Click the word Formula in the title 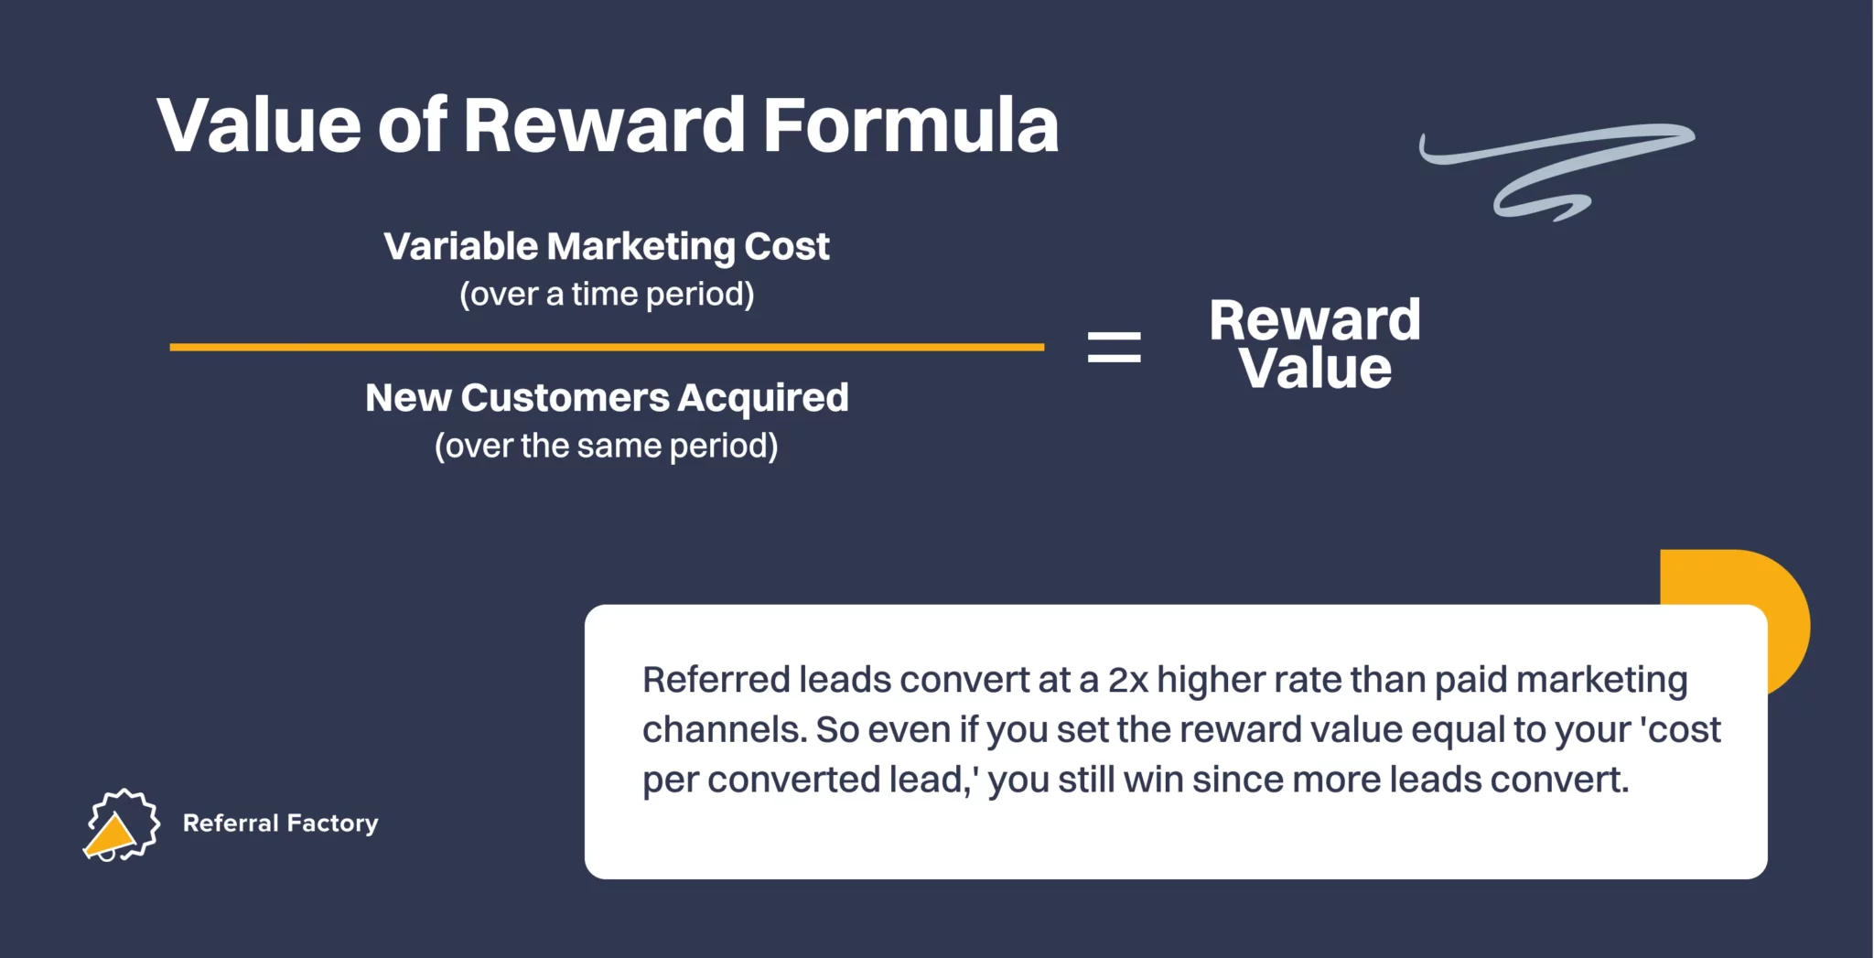(x=910, y=124)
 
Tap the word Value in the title (x=259, y=124)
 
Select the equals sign (x=1114, y=347)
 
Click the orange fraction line (x=607, y=347)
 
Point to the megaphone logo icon (x=121, y=825)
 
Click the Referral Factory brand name (x=280, y=823)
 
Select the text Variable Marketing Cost (x=607, y=247)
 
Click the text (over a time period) (x=607, y=295)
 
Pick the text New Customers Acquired (x=607, y=399)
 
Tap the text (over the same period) (x=607, y=447)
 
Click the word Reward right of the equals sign (x=1315, y=320)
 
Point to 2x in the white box (x=1127, y=681)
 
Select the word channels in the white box (x=725, y=730)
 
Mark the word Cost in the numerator (x=787, y=247)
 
